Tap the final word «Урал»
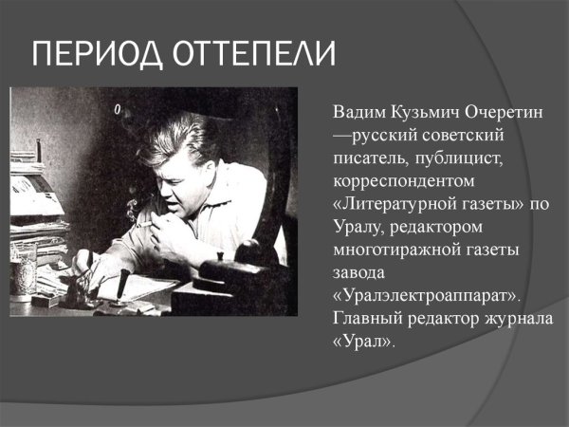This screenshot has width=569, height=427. (363, 339)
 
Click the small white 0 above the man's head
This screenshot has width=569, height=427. (118, 111)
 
